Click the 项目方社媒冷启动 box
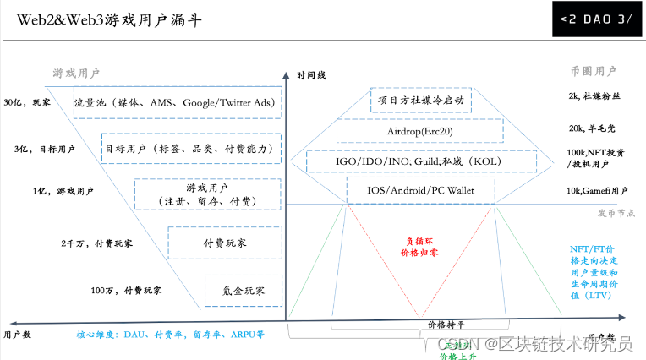(x=420, y=101)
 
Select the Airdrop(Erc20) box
(x=420, y=131)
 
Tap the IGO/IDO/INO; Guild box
(x=420, y=161)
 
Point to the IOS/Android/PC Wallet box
(x=420, y=191)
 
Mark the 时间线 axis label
(x=311, y=76)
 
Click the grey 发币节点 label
(x=616, y=215)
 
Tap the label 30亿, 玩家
(x=27, y=103)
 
